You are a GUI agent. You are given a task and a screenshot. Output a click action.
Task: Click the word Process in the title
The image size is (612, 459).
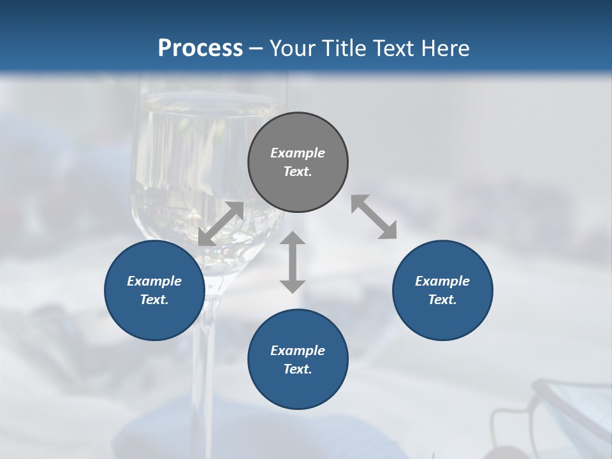pos(200,48)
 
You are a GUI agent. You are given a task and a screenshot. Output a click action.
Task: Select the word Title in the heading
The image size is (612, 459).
pos(345,48)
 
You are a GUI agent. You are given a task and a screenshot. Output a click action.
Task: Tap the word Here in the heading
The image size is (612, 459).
pos(444,48)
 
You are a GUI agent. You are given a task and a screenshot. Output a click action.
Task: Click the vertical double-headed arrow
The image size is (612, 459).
pos(293,262)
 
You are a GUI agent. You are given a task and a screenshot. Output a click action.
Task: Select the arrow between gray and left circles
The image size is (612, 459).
pos(221,224)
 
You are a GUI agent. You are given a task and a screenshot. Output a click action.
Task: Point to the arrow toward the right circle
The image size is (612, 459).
pos(374,217)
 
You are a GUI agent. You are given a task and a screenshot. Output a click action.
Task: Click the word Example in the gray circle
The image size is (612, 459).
pos(298,153)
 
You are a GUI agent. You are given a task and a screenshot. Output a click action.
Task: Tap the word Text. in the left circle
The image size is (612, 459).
pos(154,300)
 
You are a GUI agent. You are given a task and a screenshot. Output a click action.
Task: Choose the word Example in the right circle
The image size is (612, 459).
pos(442,281)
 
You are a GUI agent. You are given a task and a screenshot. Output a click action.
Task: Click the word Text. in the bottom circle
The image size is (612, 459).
pos(298,369)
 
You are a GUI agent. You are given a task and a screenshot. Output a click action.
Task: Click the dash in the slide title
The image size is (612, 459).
pos(256,48)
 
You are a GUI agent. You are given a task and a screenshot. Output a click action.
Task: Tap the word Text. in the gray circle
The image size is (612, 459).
pos(298,171)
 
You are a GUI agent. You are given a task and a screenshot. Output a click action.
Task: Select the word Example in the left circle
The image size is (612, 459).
pos(154,281)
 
